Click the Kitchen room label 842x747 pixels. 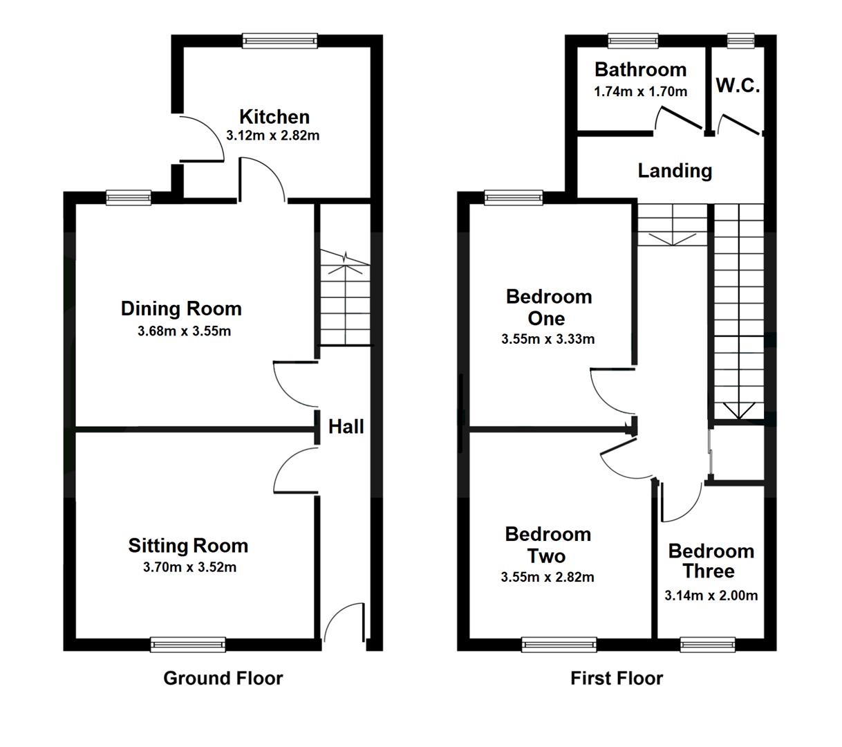(274, 117)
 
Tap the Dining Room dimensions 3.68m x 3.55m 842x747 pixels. (184, 331)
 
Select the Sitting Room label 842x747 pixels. (188, 546)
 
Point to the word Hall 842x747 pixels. (346, 426)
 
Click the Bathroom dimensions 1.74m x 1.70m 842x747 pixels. (640, 91)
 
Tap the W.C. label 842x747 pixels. (738, 85)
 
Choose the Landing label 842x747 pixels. (675, 171)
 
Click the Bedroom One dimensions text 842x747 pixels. (548, 339)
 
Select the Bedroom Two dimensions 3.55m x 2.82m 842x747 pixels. (548, 577)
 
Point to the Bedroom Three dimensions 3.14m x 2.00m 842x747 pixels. (711, 596)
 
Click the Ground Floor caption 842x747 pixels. (223, 679)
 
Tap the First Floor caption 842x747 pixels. (617, 679)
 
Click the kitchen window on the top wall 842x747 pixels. (280, 41)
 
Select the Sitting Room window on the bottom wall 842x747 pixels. (188, 645)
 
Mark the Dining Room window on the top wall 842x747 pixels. (129, 198)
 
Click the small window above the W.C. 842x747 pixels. (741, 41)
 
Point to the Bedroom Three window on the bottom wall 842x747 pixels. (708, 645)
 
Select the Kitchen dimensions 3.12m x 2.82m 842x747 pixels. (272, 136)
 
